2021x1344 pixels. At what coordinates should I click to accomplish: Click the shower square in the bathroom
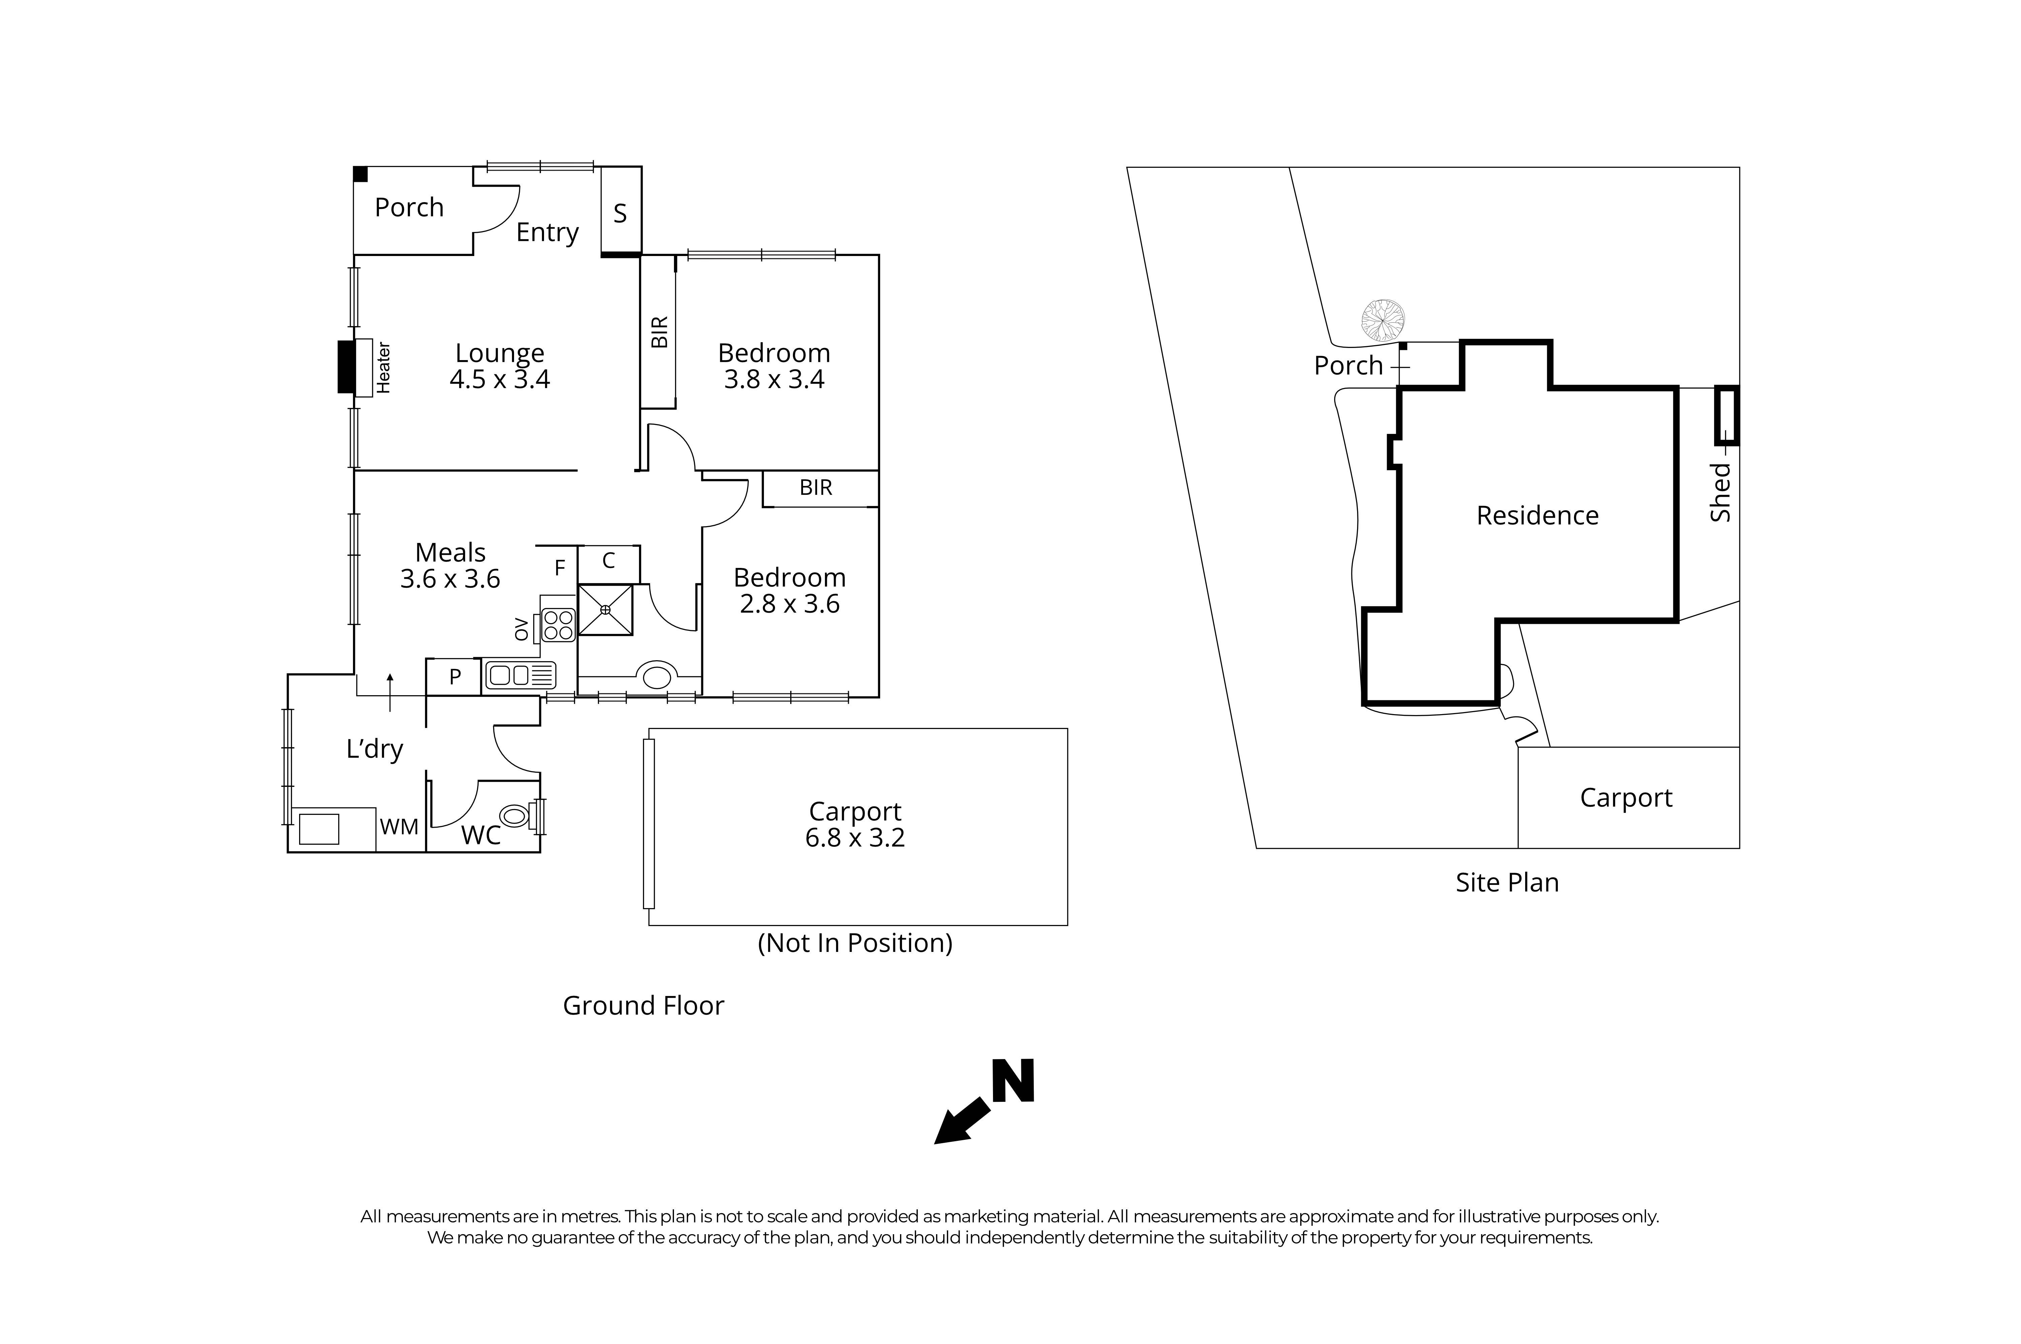click(605, 609)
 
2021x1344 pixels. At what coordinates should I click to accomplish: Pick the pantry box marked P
click(454, 676)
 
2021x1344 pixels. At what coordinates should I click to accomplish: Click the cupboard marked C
click(609, 562)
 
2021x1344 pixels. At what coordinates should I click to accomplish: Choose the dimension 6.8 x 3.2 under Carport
click(855, 837)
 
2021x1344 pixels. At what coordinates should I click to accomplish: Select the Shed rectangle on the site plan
click(1725, 416)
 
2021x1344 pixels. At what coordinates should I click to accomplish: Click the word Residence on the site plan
click(1537, 515)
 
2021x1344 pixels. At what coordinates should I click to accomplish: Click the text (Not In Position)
click(855, 943)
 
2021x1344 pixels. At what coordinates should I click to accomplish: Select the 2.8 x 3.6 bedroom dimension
click(790, 604)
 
